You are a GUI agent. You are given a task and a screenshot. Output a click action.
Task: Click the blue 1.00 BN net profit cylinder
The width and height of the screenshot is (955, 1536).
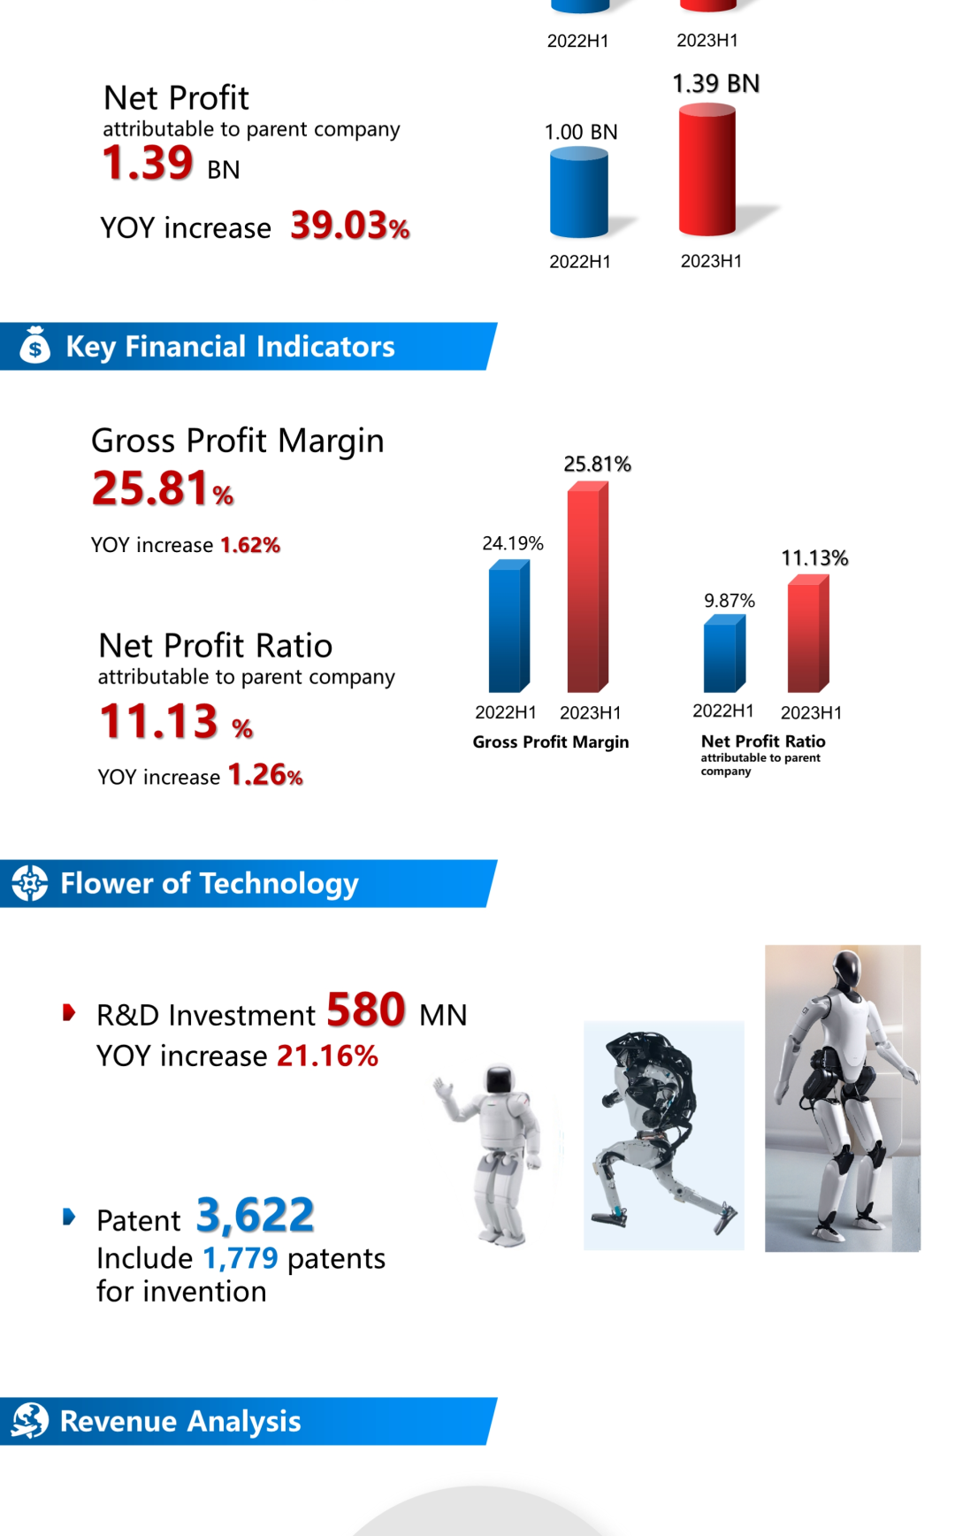point(579,192)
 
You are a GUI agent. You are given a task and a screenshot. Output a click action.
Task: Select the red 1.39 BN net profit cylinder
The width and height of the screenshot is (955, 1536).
point(707,170)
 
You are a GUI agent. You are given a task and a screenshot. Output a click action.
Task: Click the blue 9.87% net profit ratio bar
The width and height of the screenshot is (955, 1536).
point(724,654)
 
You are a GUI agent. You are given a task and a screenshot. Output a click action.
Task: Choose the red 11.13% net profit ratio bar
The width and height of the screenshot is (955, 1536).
point(808,634)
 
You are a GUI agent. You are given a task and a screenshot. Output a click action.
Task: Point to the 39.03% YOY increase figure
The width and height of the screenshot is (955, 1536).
point(350,226)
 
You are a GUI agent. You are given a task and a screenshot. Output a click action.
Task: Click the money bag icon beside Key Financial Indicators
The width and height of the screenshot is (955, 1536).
point(35,346)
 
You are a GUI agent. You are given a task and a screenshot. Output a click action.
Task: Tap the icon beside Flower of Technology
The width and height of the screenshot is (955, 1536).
point(30,882)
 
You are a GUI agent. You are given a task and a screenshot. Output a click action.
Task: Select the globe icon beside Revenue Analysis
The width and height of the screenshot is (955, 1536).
point(30,1420)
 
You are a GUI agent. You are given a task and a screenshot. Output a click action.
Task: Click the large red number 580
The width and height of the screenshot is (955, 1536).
point(366,1010)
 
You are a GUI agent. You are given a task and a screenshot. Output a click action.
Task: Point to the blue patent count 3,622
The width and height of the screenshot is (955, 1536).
point(256,1215)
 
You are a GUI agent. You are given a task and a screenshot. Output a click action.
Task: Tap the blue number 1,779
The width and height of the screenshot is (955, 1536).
point(241,1257)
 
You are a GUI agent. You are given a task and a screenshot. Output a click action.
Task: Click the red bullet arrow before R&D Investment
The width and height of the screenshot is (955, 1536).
point(69,1012)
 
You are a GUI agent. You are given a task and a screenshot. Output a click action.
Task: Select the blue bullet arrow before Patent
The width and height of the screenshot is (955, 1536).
point(69,1217)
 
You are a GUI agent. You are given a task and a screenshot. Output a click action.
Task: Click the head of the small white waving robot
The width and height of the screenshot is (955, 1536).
point(500,1080)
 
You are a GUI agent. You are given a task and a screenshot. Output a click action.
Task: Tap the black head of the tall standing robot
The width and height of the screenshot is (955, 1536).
point(846,970)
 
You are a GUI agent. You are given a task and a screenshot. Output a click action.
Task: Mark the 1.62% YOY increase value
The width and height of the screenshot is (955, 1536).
point(250,545)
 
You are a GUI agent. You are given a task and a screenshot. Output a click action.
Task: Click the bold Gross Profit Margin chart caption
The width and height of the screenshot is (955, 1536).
point(551,742)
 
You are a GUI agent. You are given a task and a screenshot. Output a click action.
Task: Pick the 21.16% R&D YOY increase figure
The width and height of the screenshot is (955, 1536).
point(327,1056)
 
